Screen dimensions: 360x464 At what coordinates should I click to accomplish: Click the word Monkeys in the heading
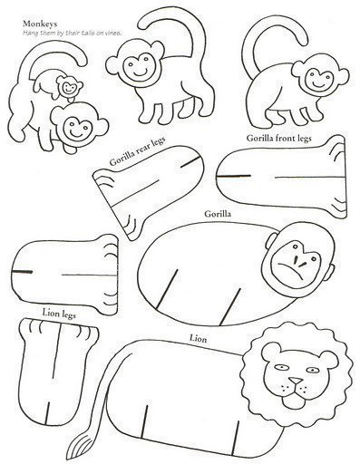40,24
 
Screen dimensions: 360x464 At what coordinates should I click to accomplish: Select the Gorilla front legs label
278,139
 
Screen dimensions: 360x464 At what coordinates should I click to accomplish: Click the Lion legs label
59,314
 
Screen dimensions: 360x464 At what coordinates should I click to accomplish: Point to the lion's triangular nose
296,381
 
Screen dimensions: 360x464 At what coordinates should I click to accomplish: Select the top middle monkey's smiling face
140,66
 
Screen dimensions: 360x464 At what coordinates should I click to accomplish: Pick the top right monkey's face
318,80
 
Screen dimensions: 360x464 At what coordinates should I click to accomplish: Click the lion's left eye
281,368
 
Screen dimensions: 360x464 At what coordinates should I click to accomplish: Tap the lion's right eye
312,370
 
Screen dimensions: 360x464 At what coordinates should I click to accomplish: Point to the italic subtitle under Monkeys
73,33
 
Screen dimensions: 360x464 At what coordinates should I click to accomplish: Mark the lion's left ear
270,351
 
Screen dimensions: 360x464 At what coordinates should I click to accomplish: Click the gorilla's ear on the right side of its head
331,270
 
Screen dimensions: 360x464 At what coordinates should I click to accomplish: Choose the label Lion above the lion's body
199,339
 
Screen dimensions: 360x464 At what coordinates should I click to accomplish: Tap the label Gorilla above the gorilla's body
218,214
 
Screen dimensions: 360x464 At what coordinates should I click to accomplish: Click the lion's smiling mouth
295,391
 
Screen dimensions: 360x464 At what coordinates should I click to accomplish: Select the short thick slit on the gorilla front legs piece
233,176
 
